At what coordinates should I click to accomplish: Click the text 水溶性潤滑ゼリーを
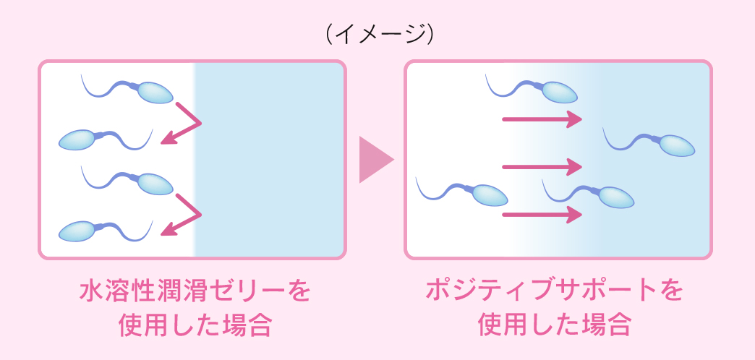point(195,291)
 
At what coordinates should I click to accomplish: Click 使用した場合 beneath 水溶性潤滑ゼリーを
point(195,325)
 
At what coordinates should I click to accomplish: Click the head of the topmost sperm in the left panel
point(155,93)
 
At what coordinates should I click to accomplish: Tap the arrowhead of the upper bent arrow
point(168,138)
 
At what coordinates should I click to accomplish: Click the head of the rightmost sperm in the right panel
point(676,145)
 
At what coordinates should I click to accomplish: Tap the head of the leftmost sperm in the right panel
point(490,195)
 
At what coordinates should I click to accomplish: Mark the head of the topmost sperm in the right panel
point(560,93)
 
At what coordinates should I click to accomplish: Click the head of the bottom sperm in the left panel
point(77,231)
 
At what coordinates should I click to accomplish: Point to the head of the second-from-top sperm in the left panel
point(77,140)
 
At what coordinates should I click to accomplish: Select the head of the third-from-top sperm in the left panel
point(155,184)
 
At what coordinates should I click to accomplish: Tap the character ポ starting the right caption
point(438,291)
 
